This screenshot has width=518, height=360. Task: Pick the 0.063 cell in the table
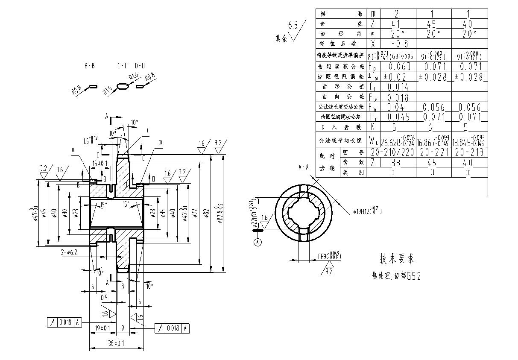tap(399, 66)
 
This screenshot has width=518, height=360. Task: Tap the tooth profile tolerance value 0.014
tap(398, 87)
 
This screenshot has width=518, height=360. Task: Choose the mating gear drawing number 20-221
tap(433, 152)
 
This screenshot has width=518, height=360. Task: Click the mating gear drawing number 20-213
tap(469, 152)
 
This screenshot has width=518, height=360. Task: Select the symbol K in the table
tap(373, 127)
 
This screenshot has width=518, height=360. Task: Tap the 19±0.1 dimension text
tap(102, 328)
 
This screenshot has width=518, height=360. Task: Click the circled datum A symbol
tap(258, 242)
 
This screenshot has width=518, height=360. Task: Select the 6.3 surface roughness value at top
tap(293, 25)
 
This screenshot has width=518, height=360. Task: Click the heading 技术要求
tap(397, 259)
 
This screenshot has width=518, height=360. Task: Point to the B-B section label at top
tap(90, 66)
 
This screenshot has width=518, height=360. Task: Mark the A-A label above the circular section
tap(303, 168)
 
